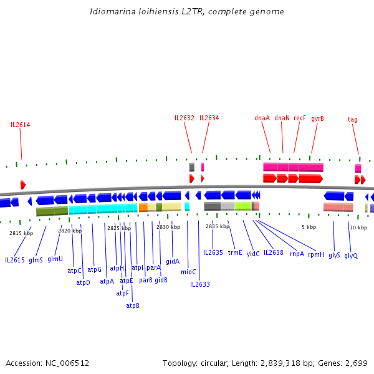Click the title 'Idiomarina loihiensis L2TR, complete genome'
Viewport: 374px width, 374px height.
click(x=187, y=12)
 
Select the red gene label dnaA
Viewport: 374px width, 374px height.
click(x=262, y=118)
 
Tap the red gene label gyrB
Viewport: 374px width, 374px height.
click(x=317, y=118)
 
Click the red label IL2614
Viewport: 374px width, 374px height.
click(x=20, y=125)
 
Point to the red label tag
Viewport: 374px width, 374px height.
click(x=352, y=119)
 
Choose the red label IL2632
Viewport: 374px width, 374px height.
click(x=185, y=118)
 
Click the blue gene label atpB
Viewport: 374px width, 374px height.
click(x=133, y=305)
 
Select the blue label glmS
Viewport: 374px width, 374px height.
click(x=36, y=260)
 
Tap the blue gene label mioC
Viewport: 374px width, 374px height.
click(x=188, y=272)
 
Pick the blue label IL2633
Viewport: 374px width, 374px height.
click(x=200, y=284)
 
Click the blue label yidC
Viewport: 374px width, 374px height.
click(x=253, y=254)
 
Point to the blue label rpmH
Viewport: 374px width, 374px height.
click(x=316, y=254)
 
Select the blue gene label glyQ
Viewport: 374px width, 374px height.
click(x=351, y=256)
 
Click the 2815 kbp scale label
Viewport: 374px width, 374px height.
click(x=21, y=233)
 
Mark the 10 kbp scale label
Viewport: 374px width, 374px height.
click(x=358, y=228)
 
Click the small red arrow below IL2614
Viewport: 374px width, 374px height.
click(x=23, y=185)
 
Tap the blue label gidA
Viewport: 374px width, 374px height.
click(x=173, y=261)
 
